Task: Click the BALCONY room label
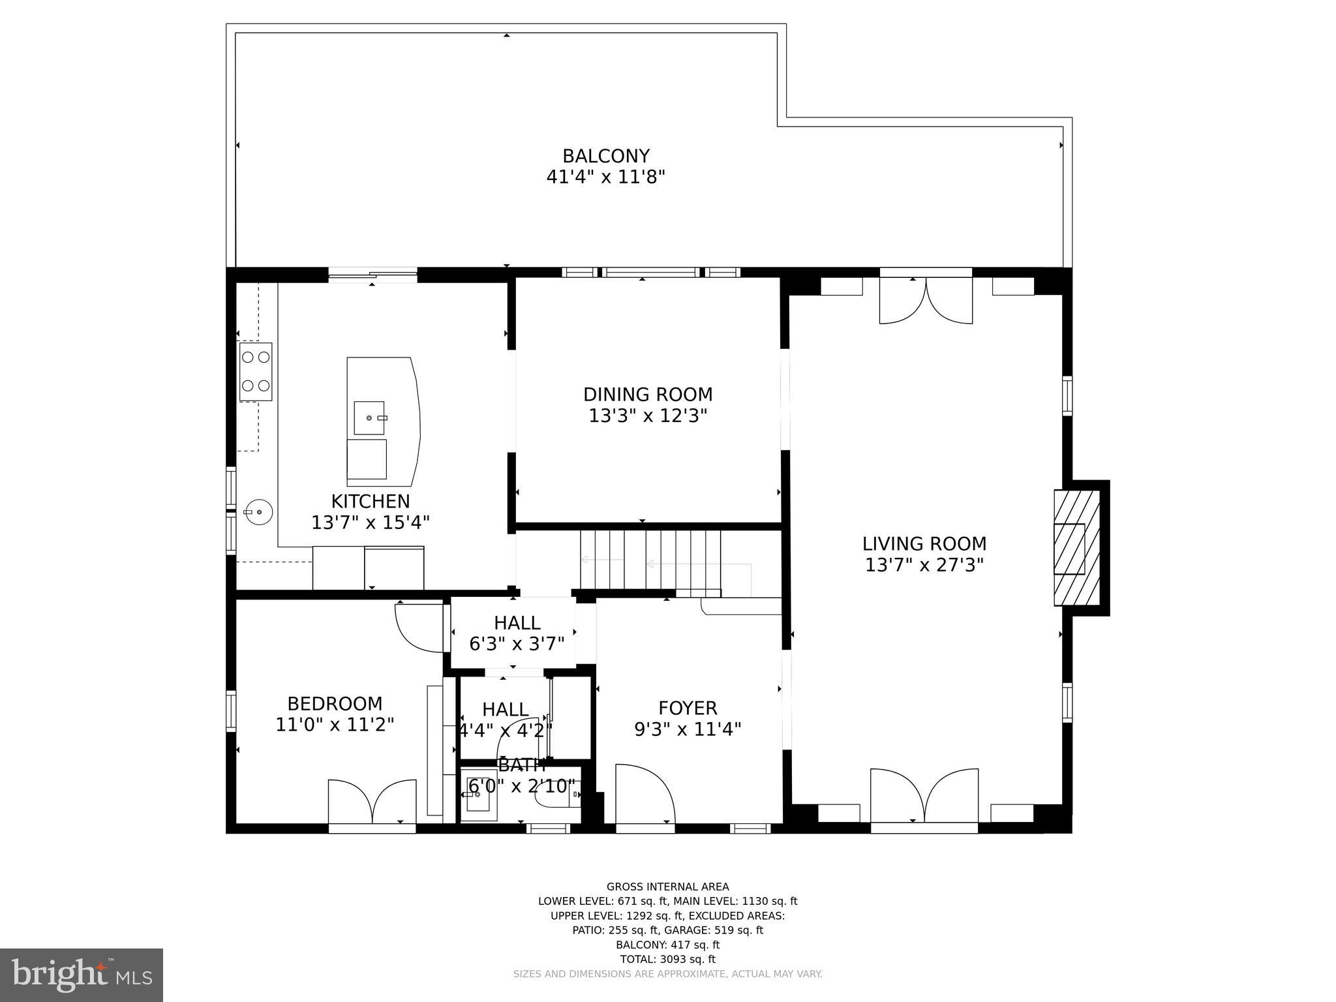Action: [606, 157]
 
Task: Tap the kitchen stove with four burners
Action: [256, 371]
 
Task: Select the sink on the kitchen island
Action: [369, 417]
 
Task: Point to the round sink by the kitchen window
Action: [258, 512]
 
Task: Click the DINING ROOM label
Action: [648, 395]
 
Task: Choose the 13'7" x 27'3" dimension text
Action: [924, 565]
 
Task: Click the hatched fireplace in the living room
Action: [1076, 549]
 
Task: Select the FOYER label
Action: [688, 708]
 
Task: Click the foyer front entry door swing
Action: [643, 793]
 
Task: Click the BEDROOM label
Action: [335, 704]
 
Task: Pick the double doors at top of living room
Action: [926, 300]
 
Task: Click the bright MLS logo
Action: [82, 975]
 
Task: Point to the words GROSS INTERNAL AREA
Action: [667, 887]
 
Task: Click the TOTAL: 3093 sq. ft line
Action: [667, 959]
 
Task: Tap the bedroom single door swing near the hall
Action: [420, 627]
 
